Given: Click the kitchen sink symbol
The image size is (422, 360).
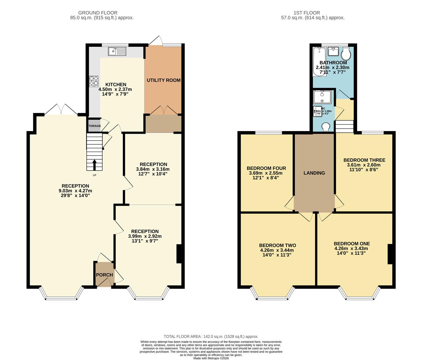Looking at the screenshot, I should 117,51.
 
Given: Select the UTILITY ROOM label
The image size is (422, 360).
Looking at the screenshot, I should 164,80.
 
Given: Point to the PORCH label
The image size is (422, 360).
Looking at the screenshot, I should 105,275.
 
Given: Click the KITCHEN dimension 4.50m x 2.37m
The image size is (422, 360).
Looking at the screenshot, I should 115,89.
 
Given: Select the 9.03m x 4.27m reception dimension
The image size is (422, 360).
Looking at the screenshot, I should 75,191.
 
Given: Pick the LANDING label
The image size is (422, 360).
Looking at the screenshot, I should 314,173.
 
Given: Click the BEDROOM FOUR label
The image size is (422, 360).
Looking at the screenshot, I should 266,168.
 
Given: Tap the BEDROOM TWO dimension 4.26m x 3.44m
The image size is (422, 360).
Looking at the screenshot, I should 277,250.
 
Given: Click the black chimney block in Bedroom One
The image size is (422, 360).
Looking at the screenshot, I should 390,254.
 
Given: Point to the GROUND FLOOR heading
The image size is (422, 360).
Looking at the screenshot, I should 102,13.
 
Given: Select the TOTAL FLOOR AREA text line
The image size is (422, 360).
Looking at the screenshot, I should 211,337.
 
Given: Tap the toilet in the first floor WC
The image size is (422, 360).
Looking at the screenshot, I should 326,126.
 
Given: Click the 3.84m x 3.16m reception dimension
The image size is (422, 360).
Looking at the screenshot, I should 153,169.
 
